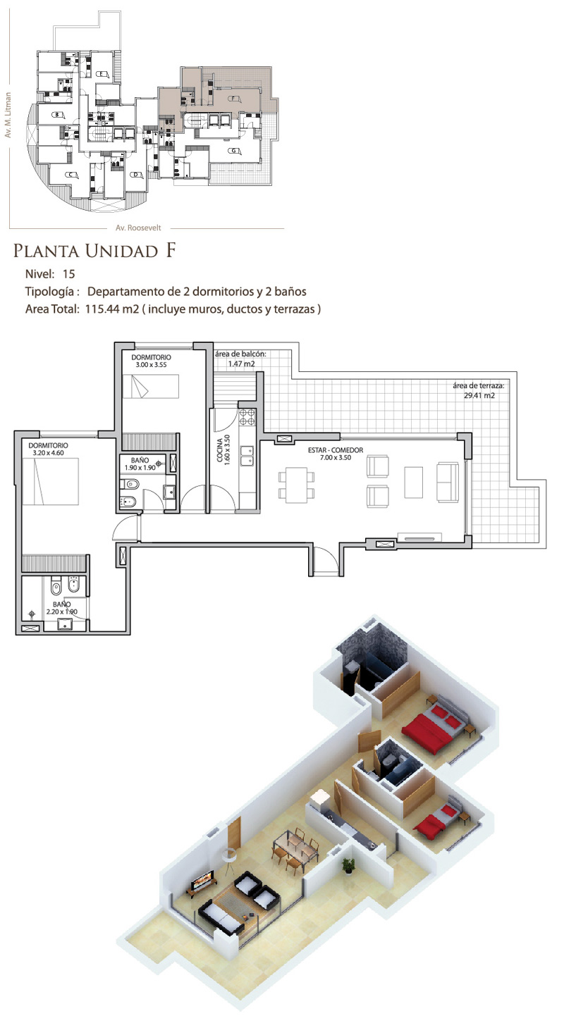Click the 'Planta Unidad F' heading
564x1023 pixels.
click(94, 251)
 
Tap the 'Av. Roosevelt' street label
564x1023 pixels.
click(138, 228)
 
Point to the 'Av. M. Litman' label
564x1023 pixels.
click(8, 115)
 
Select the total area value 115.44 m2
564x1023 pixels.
click(112, 309)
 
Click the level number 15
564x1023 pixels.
click(68, 274)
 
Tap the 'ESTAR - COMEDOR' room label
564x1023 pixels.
click(336, 449)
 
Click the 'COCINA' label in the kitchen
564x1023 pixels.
click(220, 450)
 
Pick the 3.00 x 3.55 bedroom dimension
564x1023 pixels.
click(151, 365)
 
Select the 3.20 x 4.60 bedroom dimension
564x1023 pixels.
click(48, 453)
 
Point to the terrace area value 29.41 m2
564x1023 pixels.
click(479, 395)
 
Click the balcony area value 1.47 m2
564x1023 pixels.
click(241, 364)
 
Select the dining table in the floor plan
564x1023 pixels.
click(297, 485)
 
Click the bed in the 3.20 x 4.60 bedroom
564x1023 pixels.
click(50, 481)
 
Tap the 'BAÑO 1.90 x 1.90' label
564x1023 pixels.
click(140, 464)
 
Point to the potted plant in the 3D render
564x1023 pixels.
click(348, 865)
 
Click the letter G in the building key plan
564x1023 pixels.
click(233, 151)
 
